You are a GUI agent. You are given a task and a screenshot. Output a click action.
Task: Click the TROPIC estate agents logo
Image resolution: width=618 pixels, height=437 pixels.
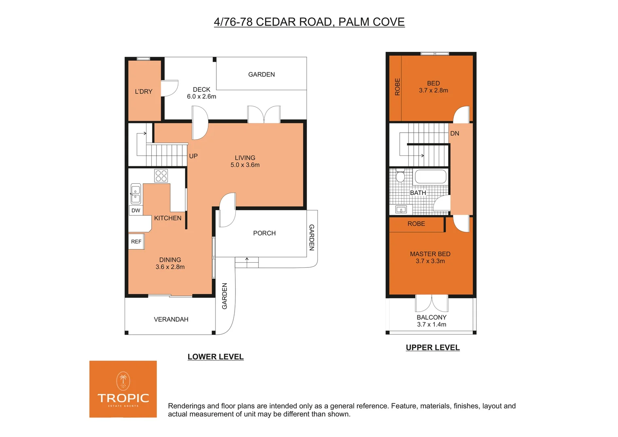(x=123, y=389)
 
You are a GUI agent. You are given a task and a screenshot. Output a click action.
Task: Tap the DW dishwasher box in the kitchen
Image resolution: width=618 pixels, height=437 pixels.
(x=136, y=210)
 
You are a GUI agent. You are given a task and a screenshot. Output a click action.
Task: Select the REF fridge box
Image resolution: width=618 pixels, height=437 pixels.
(x=136, y=242)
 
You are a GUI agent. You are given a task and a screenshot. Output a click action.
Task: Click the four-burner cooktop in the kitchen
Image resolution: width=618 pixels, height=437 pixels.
(x=161, y=176)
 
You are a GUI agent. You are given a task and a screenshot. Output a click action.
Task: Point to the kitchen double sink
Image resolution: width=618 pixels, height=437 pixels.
(x=135, y=194)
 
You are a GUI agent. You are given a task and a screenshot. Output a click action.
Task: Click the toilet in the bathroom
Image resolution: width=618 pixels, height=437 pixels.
(x=400, y=176)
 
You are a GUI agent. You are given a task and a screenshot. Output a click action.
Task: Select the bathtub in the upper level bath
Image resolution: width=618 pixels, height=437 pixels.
(x=430, y=177)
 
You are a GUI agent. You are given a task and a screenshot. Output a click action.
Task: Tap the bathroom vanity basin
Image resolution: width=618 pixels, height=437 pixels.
(x=401, y=210)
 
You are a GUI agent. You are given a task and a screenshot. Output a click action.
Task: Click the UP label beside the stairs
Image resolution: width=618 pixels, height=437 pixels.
(x=193, y=156)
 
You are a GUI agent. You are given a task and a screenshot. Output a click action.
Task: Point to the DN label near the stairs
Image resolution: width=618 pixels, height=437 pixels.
(x=455, y=134)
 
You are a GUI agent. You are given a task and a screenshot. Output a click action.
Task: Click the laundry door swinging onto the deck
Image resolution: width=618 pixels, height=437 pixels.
(x=169, y=88)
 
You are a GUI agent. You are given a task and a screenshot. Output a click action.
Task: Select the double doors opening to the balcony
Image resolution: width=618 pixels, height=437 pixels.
(x=432, y=303)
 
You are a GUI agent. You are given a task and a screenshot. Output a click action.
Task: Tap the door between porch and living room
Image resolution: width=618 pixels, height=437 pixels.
(x=227, y=210)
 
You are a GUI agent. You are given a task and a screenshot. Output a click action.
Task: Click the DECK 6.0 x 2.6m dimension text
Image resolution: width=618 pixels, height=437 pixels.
(x=201, y=97)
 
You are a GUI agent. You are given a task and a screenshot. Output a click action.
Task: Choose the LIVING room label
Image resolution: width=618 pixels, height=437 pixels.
(x=245, y=158)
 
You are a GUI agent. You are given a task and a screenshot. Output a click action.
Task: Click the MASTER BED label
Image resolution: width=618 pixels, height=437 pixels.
(x=430, y=254)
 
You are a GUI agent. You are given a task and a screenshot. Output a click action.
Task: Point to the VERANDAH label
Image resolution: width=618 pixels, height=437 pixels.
(x=171, y=320)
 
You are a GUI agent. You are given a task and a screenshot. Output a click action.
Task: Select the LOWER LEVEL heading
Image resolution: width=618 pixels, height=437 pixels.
(x=216, y=357)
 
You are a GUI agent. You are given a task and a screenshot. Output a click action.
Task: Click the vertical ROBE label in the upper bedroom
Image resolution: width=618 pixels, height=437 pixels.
(x=397, y=87)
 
